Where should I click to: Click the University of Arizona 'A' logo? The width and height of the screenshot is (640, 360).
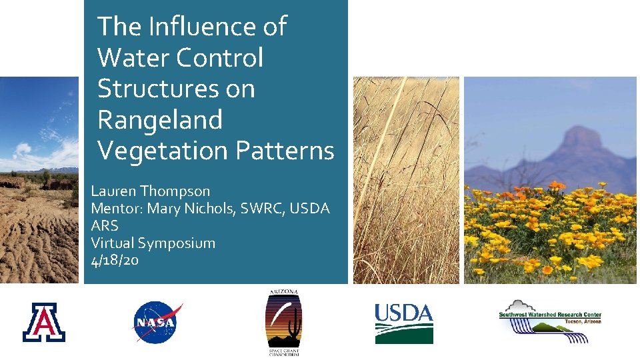coord(44,322)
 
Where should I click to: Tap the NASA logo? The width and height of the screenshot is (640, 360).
coord(157,323)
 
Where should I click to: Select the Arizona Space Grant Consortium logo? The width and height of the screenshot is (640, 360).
coord(283,323)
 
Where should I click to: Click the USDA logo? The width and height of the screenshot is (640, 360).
coord(403,323)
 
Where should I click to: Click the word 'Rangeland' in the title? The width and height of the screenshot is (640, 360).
coord(160,120)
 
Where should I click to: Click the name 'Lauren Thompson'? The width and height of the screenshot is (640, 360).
coord(150,191)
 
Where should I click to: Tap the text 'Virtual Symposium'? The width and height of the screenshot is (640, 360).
coord(153,243)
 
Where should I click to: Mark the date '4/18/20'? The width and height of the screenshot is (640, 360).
coord(115,260)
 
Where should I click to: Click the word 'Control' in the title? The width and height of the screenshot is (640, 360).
coord(220,58)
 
